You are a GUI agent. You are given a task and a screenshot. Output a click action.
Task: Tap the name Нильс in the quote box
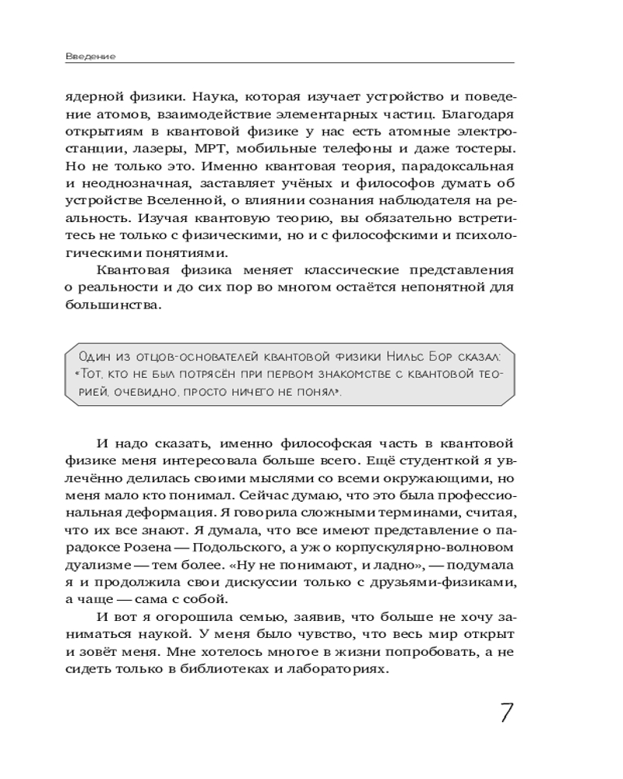click(402, 357)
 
